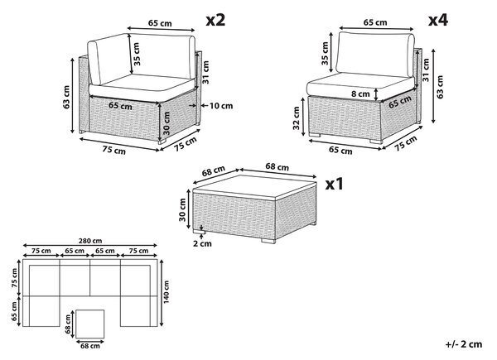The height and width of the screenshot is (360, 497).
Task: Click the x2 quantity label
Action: click(215, 20)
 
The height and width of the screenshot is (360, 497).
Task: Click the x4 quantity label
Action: click(438, 20)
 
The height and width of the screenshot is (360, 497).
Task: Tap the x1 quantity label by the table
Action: click(335, 184)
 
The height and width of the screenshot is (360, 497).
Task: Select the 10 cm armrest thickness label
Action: click(221, 105)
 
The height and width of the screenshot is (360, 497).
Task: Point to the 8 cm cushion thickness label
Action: click(360, 94)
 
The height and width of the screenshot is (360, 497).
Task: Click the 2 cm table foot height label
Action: click(202, 243)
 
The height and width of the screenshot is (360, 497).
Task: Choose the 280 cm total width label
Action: click(90, 241)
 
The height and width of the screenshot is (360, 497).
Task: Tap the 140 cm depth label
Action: click(166, 291)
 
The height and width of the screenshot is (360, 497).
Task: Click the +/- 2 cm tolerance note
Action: click(464, 344)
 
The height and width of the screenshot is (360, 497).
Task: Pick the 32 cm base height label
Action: click(297, 118)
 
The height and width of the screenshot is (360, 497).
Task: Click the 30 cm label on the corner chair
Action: click(166, 123)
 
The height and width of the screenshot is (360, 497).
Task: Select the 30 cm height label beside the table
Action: click(182, 210)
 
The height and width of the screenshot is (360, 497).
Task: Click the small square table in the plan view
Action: click(90, 324)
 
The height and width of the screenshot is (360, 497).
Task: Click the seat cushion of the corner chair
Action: click(142, 86)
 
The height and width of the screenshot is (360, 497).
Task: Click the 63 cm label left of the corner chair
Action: click(66, 97)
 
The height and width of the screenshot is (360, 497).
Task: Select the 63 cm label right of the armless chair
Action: click(440, 87)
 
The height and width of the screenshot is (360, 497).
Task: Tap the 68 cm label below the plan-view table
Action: click(90, 346)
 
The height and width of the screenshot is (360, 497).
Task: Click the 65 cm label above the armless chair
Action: click(375, 22)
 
